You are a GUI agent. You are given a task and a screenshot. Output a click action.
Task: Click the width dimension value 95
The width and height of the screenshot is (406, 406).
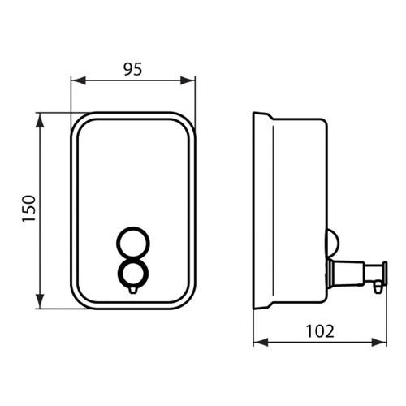pyautogui.click(x=133, y=69)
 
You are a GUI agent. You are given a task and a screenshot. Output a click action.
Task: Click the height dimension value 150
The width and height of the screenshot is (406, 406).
pyautogui.click(x=26, y=210)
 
